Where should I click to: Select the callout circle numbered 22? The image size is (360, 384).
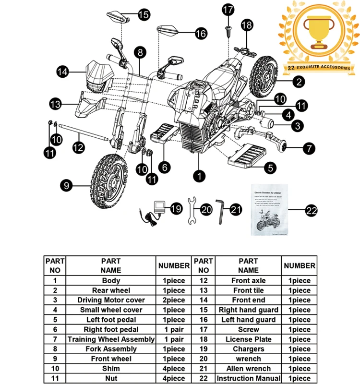[x=312, y=209]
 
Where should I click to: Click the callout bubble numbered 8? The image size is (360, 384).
[x=140, y=51]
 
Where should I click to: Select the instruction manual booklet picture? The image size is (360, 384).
[x=271, y=209]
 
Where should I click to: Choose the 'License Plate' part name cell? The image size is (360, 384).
[x=248, y=339]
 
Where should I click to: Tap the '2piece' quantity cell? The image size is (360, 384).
[x=174, y=300]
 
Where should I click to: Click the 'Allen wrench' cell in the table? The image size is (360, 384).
[x=248, y=369]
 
